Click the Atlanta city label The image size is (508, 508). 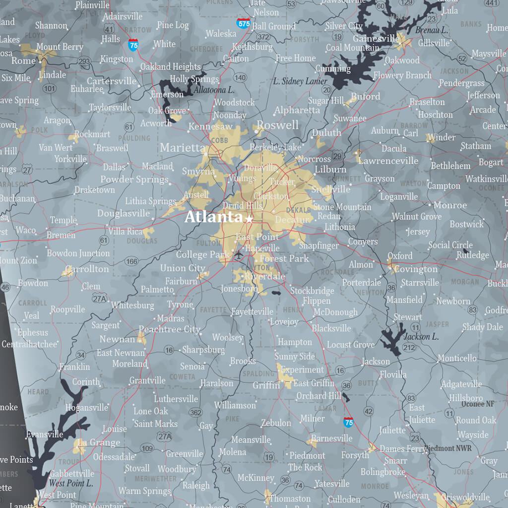[213, 217]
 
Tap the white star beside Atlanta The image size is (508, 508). [249, 218]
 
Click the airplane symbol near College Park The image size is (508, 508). [239, 255]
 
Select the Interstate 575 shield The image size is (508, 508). [243, 23]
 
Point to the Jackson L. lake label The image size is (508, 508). [421, 337]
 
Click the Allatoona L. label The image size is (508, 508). [214, 90]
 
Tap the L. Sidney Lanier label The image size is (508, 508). [300, 81]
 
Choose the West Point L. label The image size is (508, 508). [70, 483]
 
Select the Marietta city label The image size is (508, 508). [182, 147]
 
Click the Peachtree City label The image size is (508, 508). [169, 329]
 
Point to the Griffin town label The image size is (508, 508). [266, 385]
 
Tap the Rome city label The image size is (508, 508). [24, 61]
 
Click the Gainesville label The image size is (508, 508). [376, 38]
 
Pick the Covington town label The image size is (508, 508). [416, 269]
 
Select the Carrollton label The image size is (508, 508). [87, 269]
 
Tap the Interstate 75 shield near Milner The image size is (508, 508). [348, 422]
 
